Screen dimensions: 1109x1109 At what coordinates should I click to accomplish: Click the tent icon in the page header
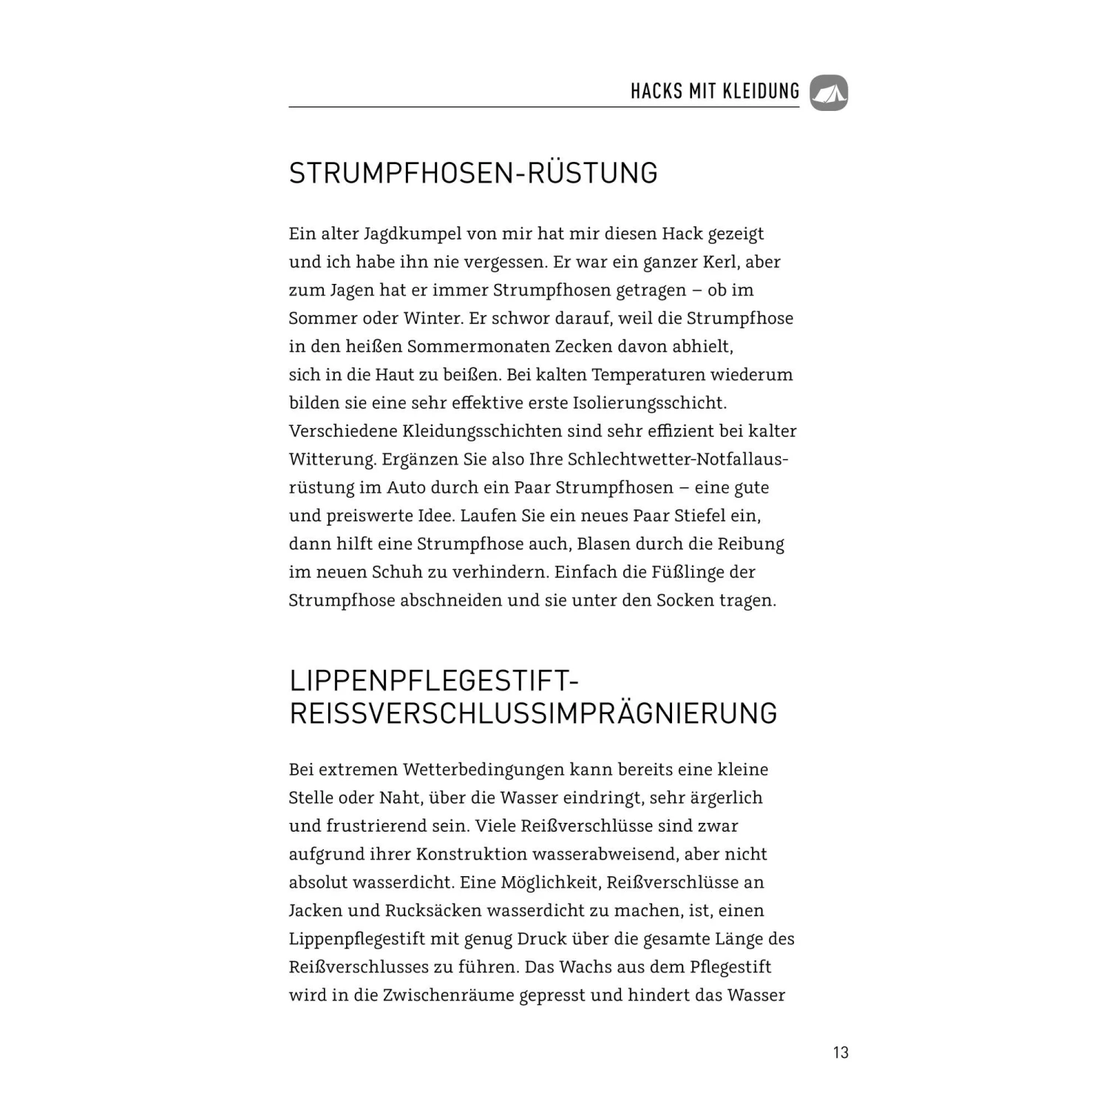click(x=829, y=93)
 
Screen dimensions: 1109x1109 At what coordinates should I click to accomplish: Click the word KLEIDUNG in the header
click(x=761, y=92)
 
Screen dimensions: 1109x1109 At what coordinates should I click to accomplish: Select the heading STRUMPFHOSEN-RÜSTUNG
click(x=473, y=173)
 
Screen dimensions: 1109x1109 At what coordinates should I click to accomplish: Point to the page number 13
click(x=841, y=1052)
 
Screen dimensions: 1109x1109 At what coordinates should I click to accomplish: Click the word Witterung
click(x=332, y=459)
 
